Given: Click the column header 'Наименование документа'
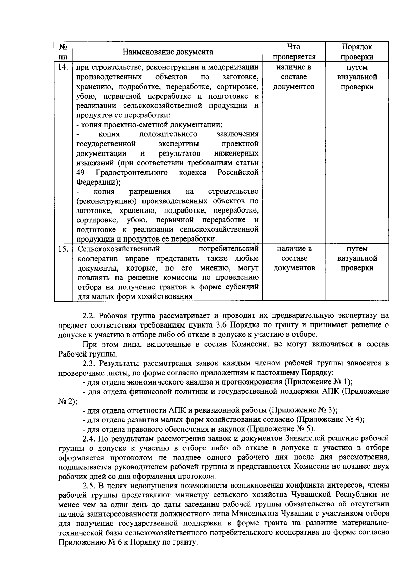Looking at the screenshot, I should [x=168, y=52].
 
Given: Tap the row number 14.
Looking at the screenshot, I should [x=63, y=67].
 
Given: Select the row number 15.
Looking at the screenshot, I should [x=63, y=249].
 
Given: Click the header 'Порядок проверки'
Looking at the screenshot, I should [x=357, y=52].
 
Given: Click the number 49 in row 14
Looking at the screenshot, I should [x=80, y=172].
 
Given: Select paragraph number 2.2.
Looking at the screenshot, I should [x=90, y=316].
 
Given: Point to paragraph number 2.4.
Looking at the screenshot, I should [x=90, y=438].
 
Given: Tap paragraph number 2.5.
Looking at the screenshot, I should [x=90, y=486].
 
